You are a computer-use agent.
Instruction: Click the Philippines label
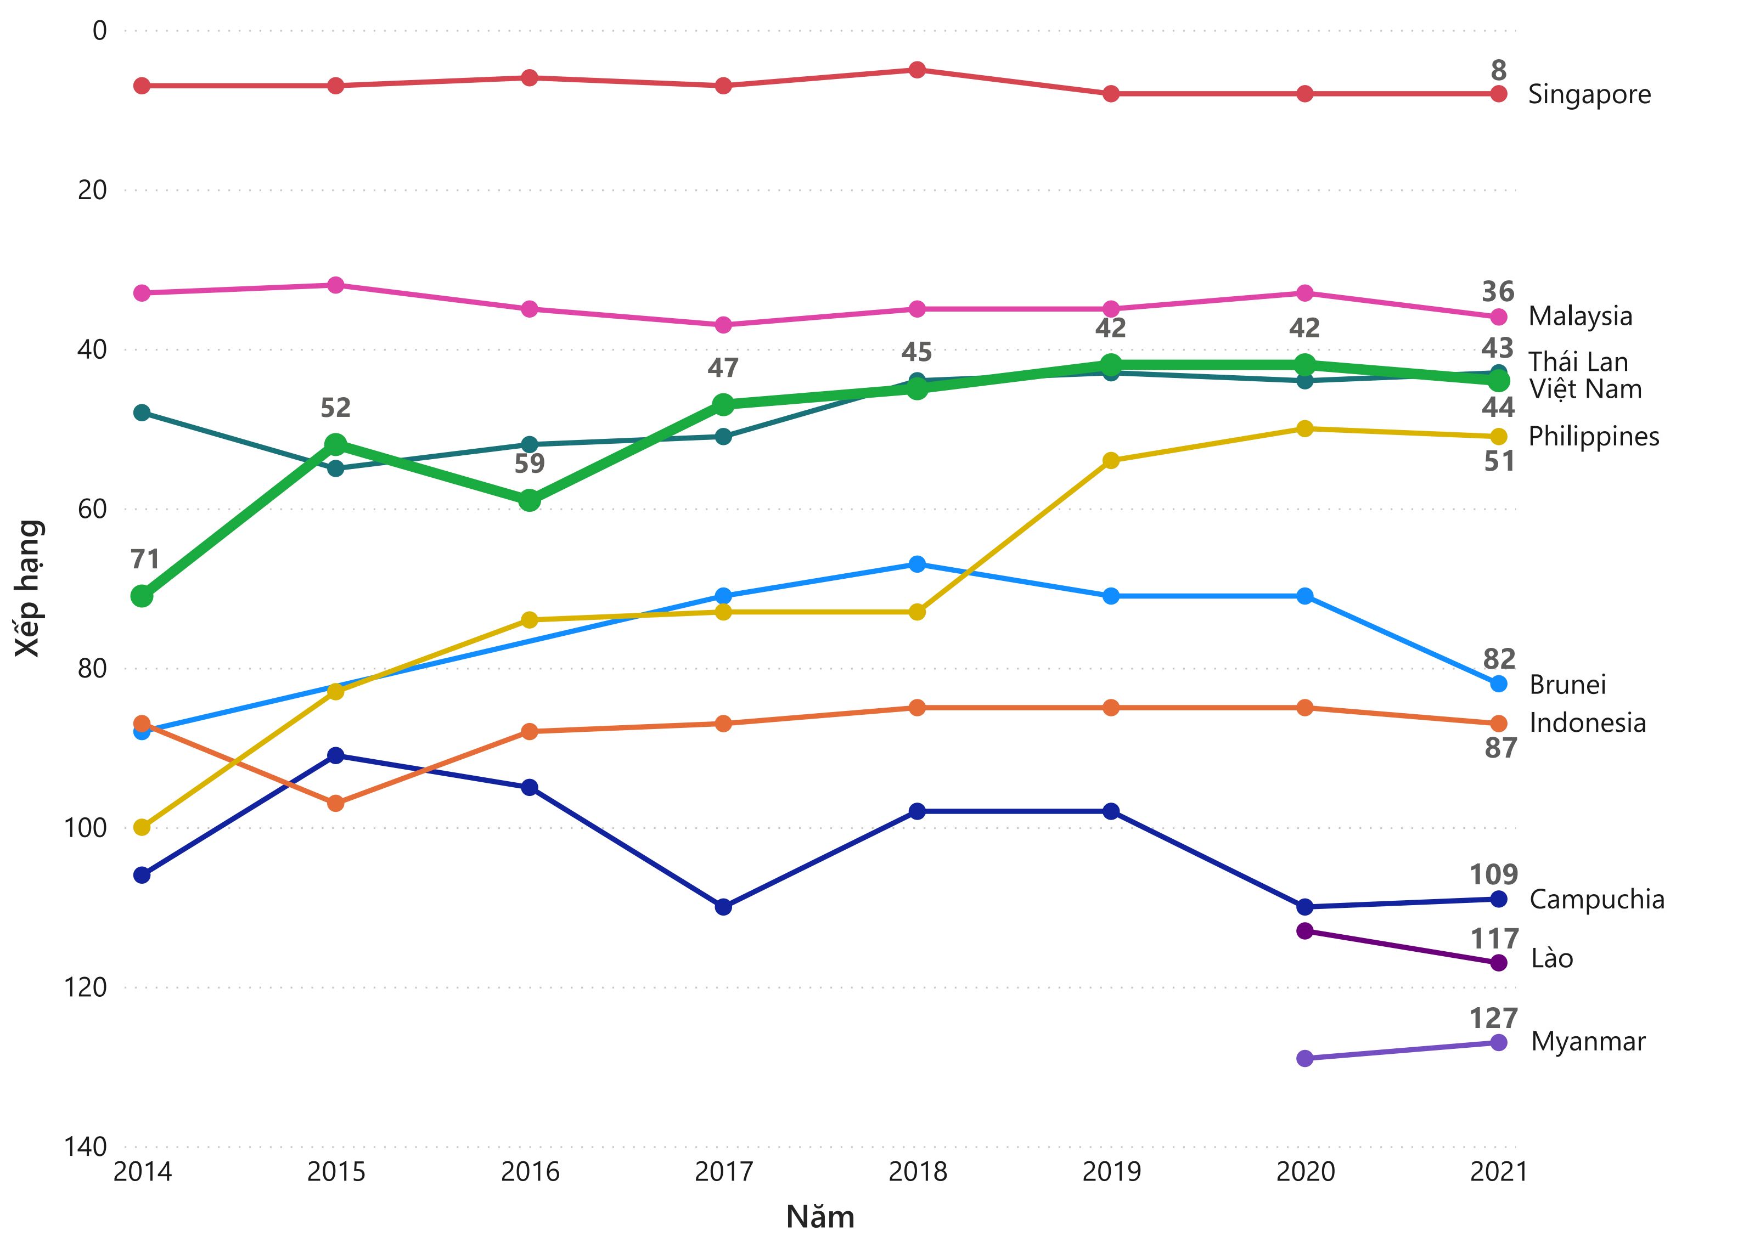[x=1593, y=437]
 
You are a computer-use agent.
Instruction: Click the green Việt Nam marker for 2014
[x=142, y=596]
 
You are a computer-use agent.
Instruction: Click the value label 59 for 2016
[x=529, y=464]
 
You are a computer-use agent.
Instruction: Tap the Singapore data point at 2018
[x=917, y=70]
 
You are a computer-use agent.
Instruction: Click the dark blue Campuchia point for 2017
[x=723, y=907]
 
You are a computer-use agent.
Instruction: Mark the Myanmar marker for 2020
[x=1304, y=1058]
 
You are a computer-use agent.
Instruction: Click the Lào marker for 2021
[x=1498, y=963]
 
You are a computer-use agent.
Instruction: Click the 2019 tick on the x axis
[x=1111, y=1172]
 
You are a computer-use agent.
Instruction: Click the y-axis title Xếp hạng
[x=29, y=588]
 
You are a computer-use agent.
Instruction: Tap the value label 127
[x=1493, y=1018]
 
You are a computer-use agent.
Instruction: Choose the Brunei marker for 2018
[x=917, y=564]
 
